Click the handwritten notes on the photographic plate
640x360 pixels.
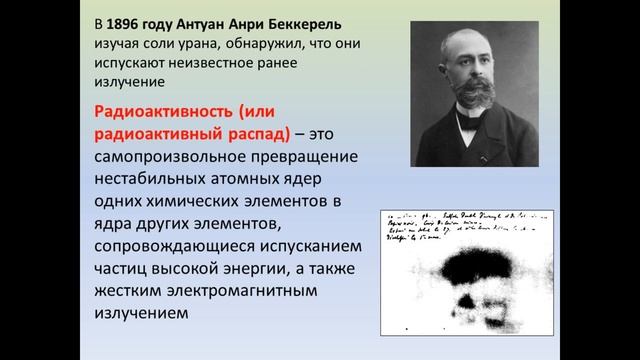coord(460,226)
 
